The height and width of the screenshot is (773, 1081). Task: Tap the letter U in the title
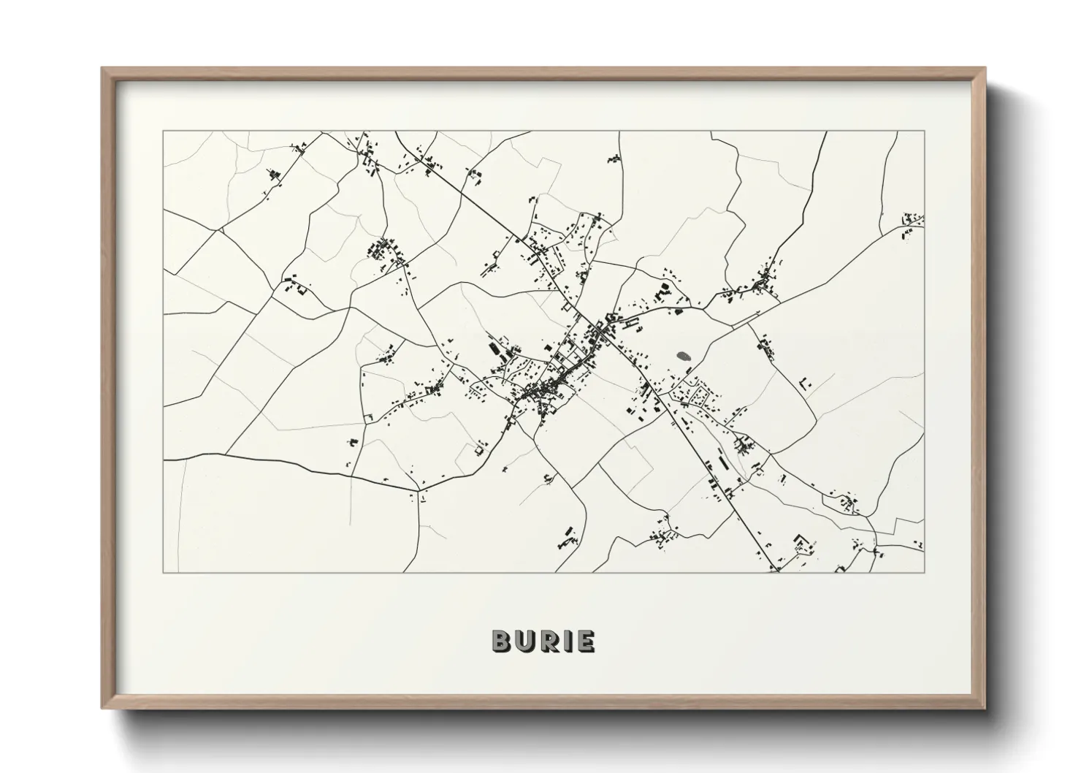click(x=526, y=641)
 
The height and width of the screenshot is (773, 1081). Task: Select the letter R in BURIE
click(x=549, y=641)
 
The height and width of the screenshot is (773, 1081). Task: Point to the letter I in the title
click(x=568, y=641)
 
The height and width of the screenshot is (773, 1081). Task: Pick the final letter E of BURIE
click(x=585, y=641)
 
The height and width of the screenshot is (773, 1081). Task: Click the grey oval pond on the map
click(x=684, y=357)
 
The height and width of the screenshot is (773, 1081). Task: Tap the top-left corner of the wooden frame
click(x=103, y=69)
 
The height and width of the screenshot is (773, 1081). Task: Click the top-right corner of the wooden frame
click(x=984, y=69)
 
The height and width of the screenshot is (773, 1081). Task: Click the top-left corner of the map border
click(x=163, y=132)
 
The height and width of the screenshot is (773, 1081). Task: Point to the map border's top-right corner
click(x=925, y=132)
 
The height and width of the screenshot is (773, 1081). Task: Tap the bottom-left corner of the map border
click(x=163, y=572)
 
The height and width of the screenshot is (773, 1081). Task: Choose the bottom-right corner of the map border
click(x=925, y=572)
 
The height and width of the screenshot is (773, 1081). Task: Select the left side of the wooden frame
click(x=106, y=387)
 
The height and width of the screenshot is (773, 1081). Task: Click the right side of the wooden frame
click(x=981, y=387)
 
